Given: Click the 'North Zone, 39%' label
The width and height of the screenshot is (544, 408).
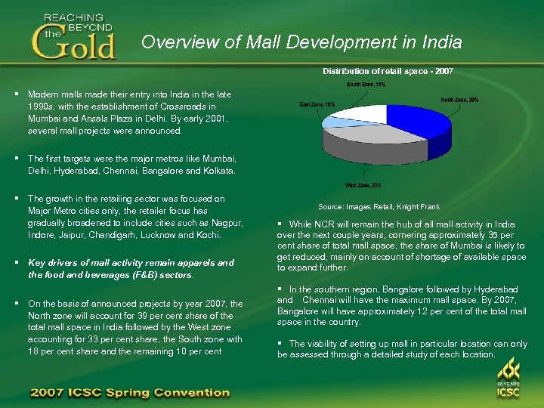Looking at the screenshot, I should (x=459, y=100).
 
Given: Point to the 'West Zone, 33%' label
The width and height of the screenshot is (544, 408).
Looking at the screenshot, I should (x=363, y=185).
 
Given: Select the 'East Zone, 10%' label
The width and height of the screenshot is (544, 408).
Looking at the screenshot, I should (x=317, y=104).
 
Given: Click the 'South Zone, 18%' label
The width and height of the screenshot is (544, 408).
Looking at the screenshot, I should (x=366, y=85).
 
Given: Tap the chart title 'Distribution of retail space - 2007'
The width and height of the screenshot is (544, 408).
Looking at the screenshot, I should (x=388, y=71).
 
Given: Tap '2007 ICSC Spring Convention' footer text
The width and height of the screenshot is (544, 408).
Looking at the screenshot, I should (x=129, y=393).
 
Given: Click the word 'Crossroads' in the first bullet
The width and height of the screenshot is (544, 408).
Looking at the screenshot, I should (x=181, y=107).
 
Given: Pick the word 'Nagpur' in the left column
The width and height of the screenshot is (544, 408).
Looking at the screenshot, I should (x=226, y=223).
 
